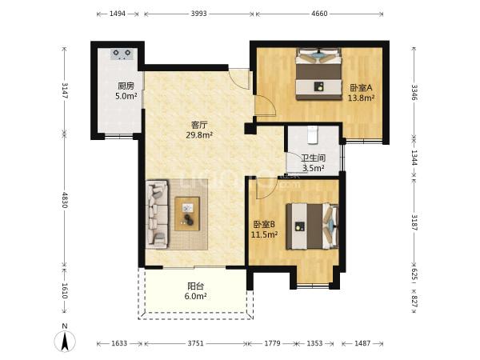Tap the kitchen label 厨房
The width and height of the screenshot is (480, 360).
[x=126, y=86]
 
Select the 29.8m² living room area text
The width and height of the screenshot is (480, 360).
[x=199, y=134]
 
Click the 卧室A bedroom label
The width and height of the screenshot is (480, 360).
[x=362, y=88]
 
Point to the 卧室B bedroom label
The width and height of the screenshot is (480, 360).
[x=264, y=224]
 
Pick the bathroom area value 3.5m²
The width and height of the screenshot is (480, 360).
[x=314, y=168]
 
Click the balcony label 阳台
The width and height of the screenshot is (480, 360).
[x=196, y=286]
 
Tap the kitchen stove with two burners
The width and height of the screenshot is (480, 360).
[x=122, y=54]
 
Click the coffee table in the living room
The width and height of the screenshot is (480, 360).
[x=187, y=214]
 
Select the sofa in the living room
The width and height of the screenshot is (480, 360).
[x=157, y=214]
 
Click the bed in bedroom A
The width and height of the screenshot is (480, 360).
[x=318, y=74]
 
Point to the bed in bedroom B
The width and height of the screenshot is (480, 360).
[x=312, y=226]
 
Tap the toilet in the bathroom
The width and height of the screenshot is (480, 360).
[x=313, y=135]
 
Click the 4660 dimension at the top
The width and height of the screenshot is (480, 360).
[x=319, y=14]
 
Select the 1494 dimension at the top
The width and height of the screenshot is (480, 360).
[x=118, y=14]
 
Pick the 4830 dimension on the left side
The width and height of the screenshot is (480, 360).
[x=64, y=200]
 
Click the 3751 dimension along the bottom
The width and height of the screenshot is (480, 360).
[x=196, y=343]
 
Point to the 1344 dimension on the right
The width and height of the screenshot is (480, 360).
[x=414, y=158]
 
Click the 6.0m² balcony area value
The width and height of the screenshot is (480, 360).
[x=196, y=296]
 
